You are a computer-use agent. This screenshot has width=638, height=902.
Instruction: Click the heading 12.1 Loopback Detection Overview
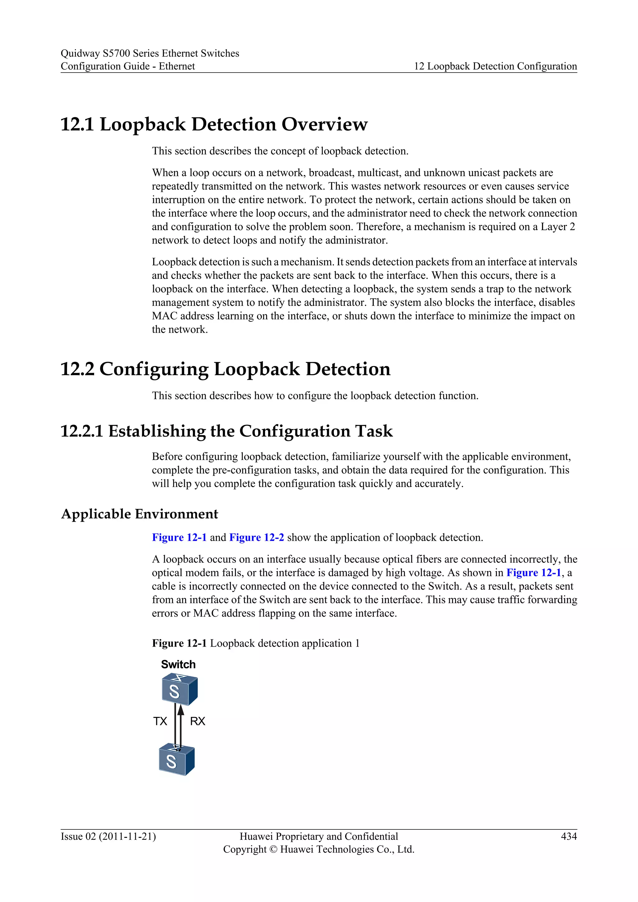(214, 124)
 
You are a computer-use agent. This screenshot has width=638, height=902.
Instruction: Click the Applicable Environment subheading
(140, 514)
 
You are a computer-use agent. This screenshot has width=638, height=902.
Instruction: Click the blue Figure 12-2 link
(256, 537)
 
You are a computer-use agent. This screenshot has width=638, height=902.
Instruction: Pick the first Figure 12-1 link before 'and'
(179, 537)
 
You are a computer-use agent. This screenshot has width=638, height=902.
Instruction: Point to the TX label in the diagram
(160, 721)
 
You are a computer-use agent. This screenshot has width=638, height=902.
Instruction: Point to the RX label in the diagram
(198, 721)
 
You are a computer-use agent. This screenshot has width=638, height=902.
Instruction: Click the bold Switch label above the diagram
(178, 664)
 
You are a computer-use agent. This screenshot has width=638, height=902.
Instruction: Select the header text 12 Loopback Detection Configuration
(495, 66)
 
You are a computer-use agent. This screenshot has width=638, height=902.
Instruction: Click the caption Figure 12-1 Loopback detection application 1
(256, 643)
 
